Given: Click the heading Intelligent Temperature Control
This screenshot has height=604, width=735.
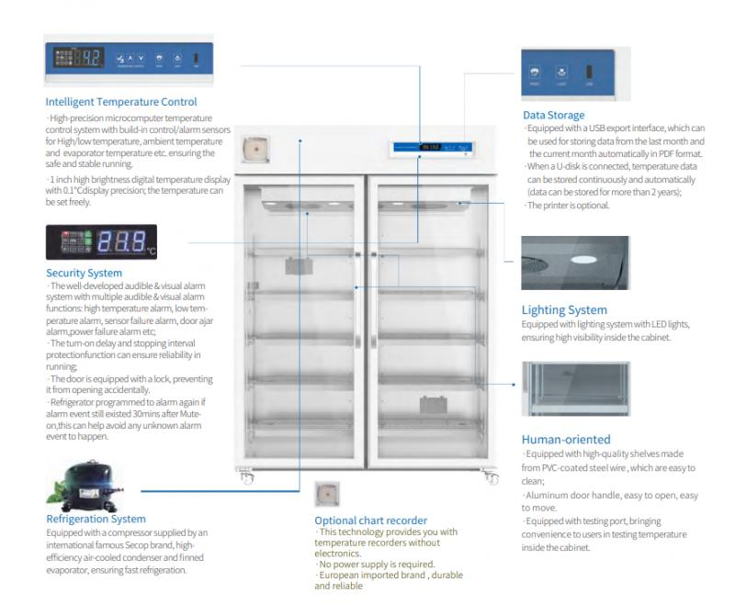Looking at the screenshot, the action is [121, 102].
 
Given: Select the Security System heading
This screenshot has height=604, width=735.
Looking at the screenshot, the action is [84, 273].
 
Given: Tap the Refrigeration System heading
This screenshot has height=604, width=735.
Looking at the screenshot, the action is [96, 519].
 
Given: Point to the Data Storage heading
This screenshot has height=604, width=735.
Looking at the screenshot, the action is [553, 115].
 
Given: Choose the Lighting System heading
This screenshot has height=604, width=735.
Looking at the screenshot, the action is [564, 310].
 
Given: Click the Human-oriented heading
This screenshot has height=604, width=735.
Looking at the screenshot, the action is [566, 440].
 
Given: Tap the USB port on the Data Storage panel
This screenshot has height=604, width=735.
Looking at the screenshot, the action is [590, 73].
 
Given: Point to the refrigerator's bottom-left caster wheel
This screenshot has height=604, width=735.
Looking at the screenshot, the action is [244, 478].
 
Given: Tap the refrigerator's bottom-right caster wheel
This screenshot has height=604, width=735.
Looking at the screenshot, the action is [487, 478].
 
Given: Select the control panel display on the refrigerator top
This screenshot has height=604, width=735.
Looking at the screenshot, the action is [430, 146].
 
